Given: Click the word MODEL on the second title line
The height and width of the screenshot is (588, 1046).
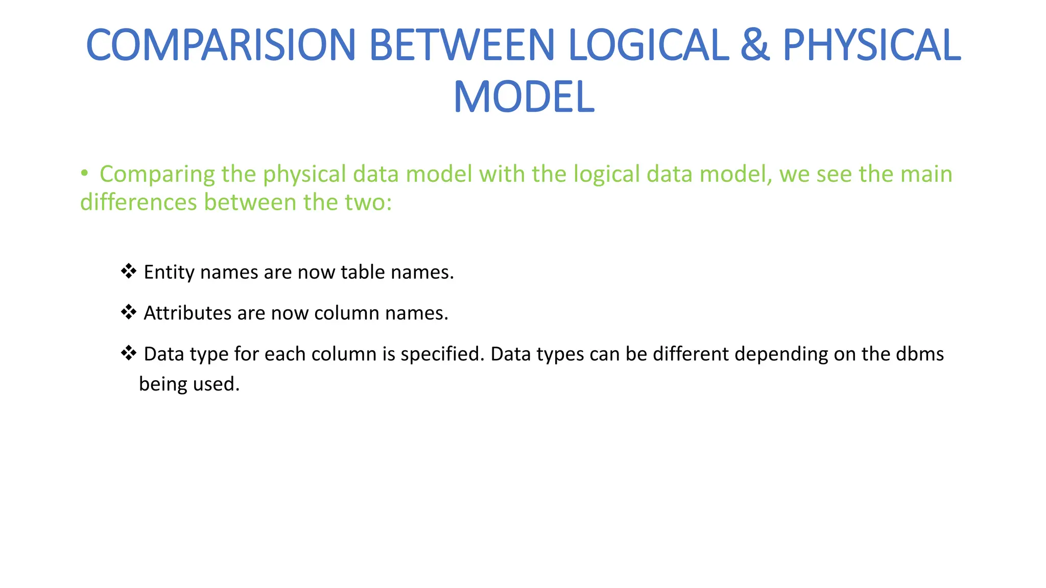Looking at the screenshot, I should [x=524, y=97].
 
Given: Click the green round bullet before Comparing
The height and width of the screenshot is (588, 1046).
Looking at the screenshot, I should [x=84, y=174].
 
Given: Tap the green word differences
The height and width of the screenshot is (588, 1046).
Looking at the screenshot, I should [x=138, y=202].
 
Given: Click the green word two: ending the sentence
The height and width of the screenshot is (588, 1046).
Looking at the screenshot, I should [x=368, y=202].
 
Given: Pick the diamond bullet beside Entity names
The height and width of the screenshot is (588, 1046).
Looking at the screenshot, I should [x=128, y=271].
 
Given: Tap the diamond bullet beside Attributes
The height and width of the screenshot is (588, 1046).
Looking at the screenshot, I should [x=128, y=311].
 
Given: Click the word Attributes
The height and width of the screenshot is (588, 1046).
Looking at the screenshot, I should [x=187, y=313].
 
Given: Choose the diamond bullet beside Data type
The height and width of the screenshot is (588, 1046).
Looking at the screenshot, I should [x=128, y=352].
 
